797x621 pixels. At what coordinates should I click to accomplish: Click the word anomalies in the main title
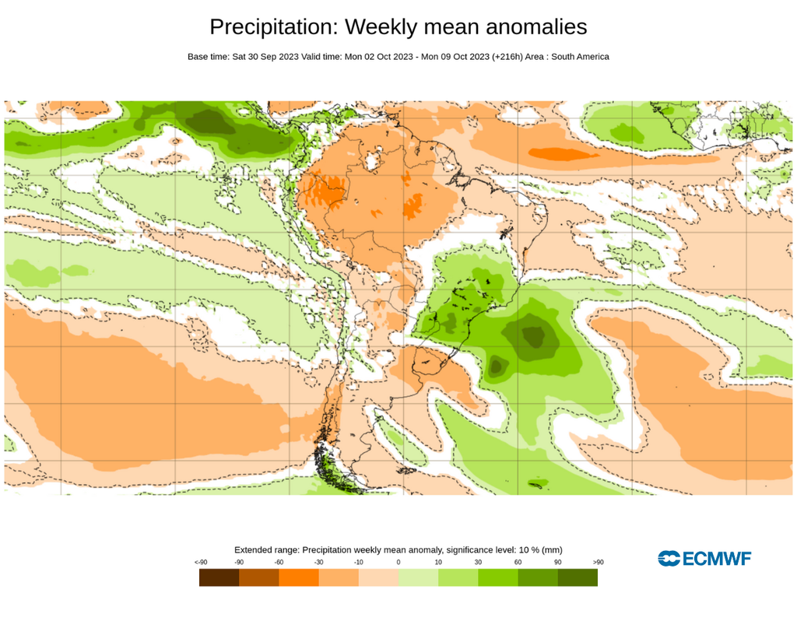click(536, 27)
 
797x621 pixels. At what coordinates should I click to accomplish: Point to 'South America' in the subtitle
click(580, 57)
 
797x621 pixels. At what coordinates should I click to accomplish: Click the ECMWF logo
click(704, 558)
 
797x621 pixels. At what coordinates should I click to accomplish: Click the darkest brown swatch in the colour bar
click(219, 577)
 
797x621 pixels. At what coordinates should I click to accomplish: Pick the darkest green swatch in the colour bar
click(578, 577)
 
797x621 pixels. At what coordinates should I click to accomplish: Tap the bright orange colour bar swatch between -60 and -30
click(299, 577)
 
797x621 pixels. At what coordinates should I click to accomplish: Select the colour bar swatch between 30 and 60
click(498, 577)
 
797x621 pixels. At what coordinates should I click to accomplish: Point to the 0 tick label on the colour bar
click(398, 562)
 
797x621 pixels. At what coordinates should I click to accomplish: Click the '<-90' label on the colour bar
click(201, 562)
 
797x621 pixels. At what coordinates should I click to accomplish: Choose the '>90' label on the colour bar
click(598, 562)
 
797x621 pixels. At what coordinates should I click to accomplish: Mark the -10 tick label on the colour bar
click(358, 562)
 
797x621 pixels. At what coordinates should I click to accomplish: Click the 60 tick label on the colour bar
click(518, 562)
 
